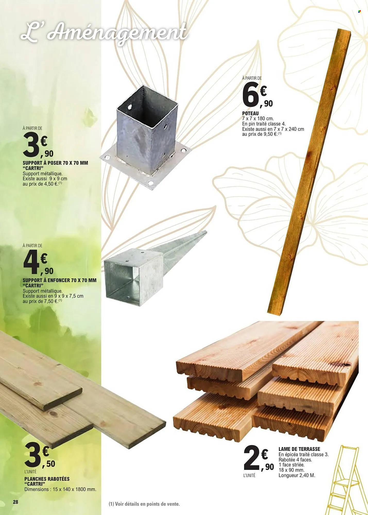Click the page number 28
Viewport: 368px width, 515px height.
[15, 502]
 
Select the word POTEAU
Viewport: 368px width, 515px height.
[250, 113]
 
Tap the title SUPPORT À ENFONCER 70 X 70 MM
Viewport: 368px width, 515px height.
[59, 280]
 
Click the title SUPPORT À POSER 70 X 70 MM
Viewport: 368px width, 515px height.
[55, 163]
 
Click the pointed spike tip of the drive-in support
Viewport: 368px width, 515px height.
[206, 232]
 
